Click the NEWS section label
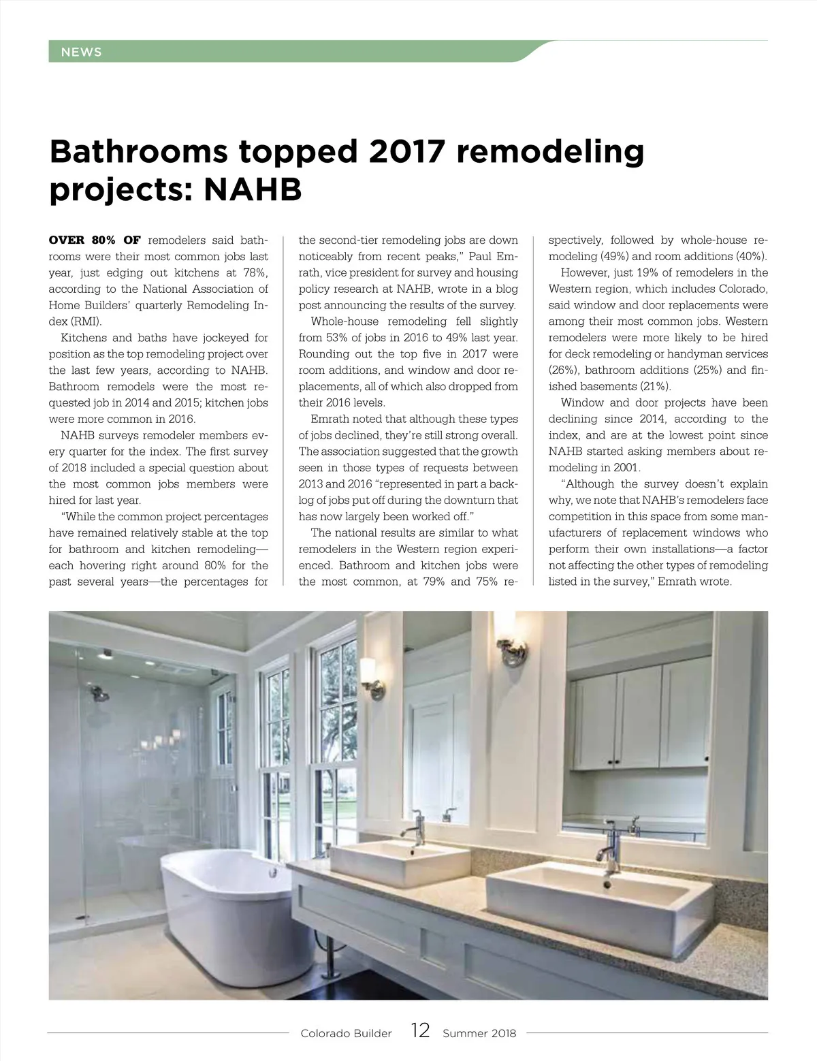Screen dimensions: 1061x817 81,52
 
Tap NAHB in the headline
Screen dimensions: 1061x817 253,190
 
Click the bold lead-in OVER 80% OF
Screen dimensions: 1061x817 95,240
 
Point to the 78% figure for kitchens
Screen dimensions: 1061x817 255,272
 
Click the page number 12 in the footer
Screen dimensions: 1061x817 421,1031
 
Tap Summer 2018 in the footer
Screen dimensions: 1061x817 479,1033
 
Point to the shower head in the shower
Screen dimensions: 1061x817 100,695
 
